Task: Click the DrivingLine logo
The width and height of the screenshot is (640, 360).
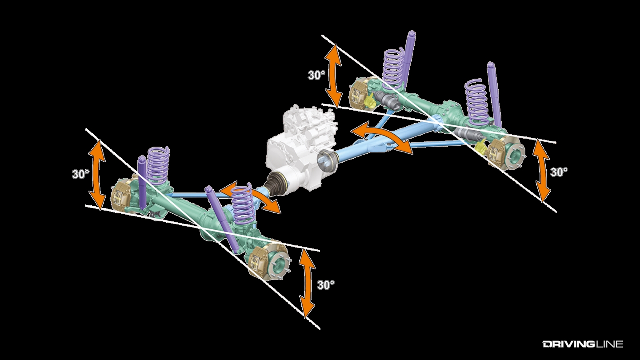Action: tap(583, 344)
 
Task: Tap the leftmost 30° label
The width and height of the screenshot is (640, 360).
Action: tap(81, 174)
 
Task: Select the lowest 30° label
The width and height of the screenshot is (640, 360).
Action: tap(326, 285)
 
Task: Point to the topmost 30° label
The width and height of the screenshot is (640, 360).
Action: tap(316, 75)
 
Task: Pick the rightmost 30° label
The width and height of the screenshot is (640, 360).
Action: tap(559, 172)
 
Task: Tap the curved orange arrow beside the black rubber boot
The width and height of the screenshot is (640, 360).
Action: tap(252, 198)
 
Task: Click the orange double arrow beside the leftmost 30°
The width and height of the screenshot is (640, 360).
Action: tap(97, 174)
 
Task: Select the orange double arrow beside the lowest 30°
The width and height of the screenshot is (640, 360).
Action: tap(306, 283)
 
